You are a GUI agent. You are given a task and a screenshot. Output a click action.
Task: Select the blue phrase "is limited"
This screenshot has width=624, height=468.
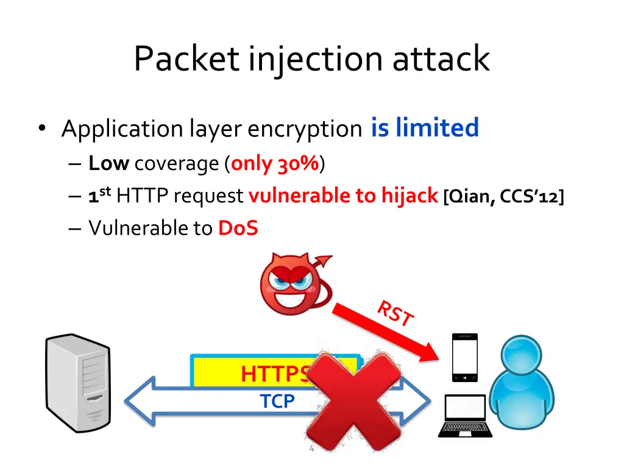425,128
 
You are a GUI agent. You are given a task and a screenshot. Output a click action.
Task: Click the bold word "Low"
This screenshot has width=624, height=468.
108,163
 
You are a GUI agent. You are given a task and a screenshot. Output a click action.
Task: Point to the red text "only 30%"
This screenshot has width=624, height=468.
275,163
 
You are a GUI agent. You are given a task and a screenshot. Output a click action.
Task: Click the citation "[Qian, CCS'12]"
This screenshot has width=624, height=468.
503,196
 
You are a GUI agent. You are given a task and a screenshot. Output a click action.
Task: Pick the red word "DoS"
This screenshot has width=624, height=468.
238,228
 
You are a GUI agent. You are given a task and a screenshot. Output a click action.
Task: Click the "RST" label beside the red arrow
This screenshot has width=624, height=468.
395,314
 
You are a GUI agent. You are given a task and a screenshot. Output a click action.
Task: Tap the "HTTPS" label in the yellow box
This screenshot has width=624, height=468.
275,374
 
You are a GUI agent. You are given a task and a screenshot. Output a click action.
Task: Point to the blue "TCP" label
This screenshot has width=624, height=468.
277,401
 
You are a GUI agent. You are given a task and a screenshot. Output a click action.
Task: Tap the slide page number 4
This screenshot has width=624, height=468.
312,449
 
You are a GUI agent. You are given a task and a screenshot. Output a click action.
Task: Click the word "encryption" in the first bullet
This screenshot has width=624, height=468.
305,129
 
